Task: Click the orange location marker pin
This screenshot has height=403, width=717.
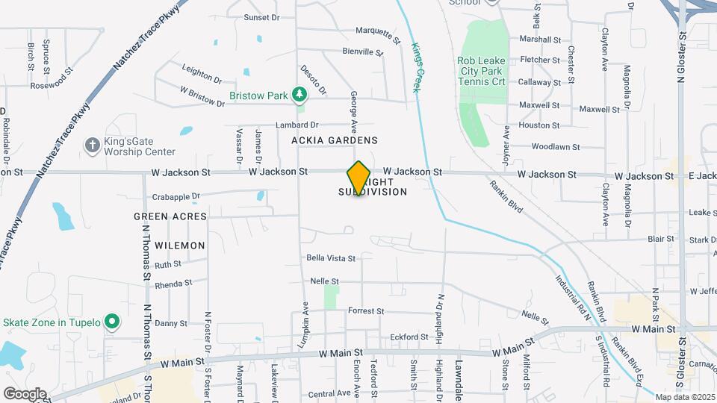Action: pyautogui.click(x=358, y=178)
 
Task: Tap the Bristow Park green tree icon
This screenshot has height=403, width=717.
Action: pyautogui.click(x=299, y=95)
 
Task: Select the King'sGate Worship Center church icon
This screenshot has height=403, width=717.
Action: pyautogui.click(x=92, y=145)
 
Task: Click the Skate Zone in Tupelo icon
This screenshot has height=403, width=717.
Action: pyautogui.click(x=112, y=322)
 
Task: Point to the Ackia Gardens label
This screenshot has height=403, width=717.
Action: pyautogui.click(x=335, y=140)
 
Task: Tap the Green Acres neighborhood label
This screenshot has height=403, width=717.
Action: pyautogui.click(x=170, y=216)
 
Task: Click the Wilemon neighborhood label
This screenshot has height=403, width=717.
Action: pyautogui.click(x=179, y=245)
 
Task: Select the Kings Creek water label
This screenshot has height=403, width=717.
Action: pyautogui.click(x=416, y=67)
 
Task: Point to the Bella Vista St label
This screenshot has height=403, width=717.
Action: pyautogui.click(x=331, y=258)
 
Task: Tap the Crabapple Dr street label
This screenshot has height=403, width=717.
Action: pyautogui.click(x=176, y=197)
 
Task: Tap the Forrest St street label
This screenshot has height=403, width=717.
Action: pyautogui.click(x=366, y=310)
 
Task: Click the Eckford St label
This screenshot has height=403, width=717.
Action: pyautogui.click(x=409, y=337)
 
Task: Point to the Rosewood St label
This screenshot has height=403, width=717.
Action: pyautogui.click(x=51, y=85)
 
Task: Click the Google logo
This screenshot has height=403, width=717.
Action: pyautogui.click(x=25, y=394)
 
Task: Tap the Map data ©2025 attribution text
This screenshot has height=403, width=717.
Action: pyautogui.click(x=684, y=397)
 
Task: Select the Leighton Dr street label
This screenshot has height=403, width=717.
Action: pyautogui.click(x=202, y=73)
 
